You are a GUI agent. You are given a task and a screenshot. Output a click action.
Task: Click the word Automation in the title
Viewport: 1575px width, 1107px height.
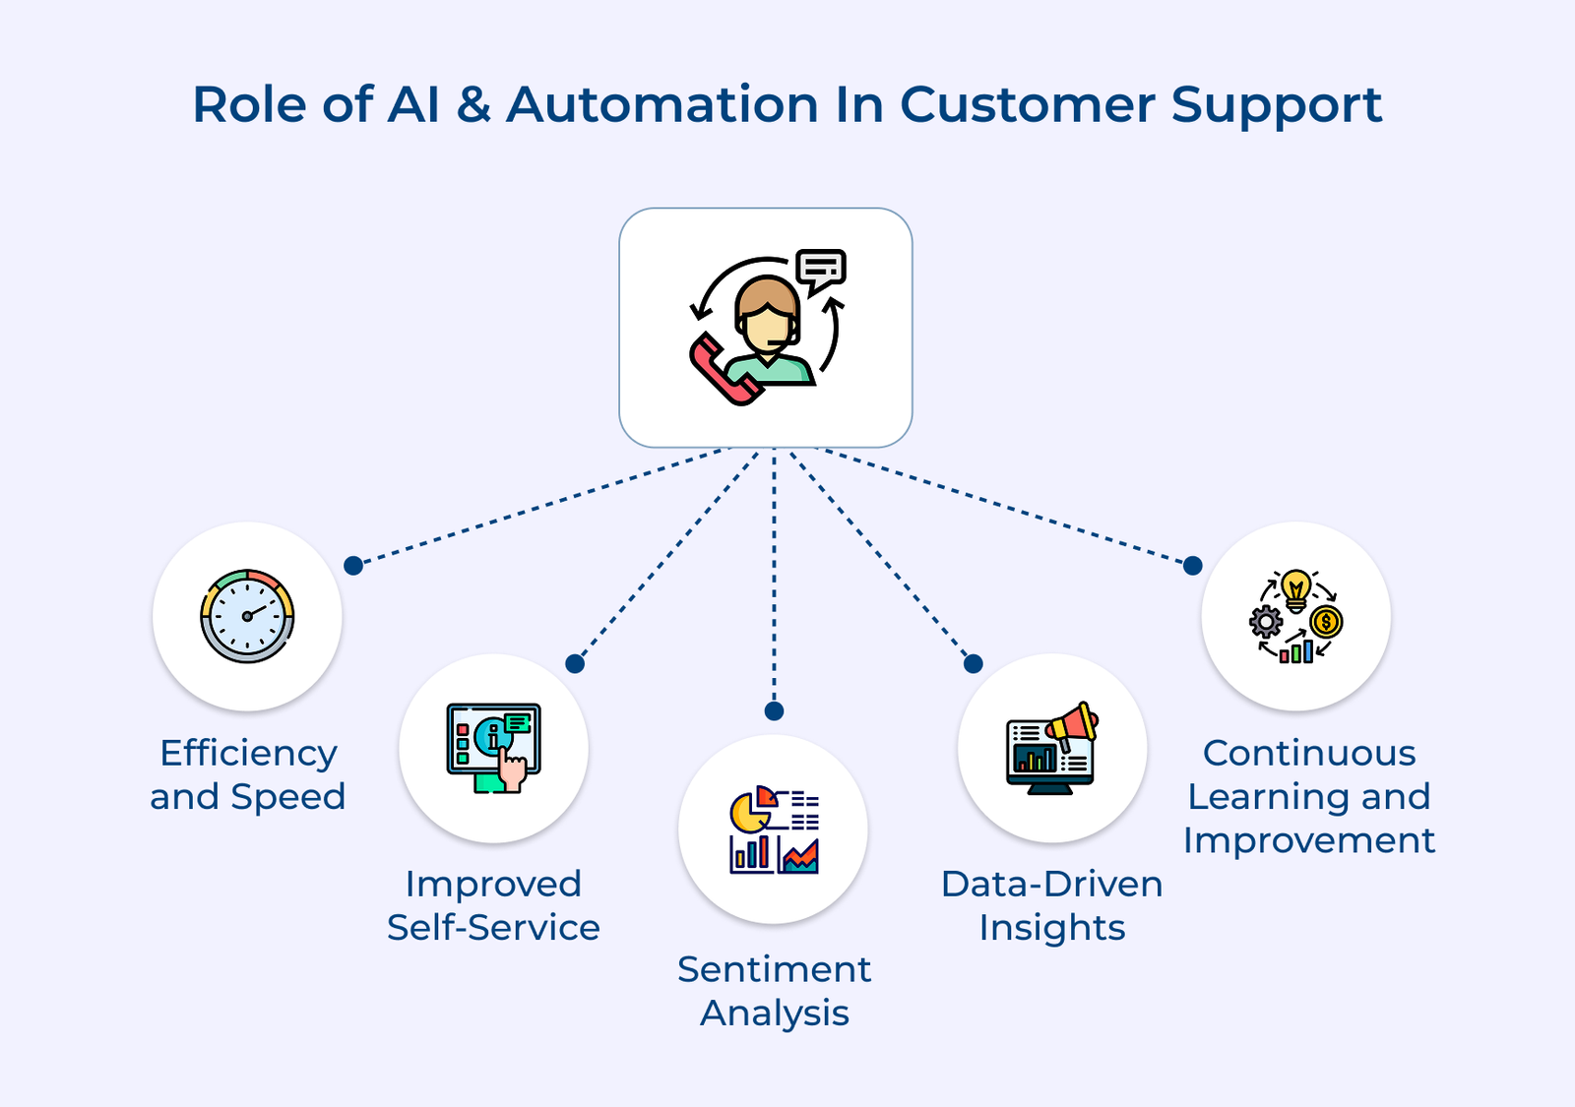coord(661,104)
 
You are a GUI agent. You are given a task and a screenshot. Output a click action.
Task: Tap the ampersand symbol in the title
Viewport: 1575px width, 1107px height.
coord(473,104)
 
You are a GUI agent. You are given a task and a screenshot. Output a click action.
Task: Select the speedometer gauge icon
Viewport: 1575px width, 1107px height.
coord(247,616)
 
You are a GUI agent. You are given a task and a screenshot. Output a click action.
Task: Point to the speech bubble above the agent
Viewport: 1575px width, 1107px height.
coord(820,270)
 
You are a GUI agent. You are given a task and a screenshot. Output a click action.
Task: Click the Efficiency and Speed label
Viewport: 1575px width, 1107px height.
coord(248,774)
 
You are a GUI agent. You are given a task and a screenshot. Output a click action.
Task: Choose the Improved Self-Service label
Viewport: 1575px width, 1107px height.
coord(493,905)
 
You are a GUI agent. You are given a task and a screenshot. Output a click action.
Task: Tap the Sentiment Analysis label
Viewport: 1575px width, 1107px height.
coord(775,991)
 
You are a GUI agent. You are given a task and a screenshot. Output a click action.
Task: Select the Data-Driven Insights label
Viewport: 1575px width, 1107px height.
coord(1052,905)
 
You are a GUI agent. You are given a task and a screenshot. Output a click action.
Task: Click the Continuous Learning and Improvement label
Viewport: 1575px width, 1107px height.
coord(1309,796)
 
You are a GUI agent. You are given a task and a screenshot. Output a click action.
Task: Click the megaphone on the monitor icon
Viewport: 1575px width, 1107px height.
coord(1073,724)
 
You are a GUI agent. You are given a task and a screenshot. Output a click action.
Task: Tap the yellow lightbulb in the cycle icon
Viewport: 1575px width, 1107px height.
coord(1296,587)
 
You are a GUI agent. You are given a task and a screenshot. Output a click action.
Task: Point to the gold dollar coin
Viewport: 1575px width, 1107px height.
coord(1326,622)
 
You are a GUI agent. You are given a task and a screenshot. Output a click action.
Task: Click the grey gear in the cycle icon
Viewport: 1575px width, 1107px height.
coord(1266,622)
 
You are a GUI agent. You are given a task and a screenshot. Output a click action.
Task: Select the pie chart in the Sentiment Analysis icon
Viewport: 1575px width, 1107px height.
coord(750,810)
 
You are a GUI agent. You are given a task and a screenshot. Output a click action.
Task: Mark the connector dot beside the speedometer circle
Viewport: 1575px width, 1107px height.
coord(353,566)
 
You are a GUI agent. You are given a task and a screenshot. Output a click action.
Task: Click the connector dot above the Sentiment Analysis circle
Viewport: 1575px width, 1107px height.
coord(774,710)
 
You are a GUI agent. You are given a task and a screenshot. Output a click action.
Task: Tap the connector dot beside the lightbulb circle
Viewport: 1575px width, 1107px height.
coord(1192,566)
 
